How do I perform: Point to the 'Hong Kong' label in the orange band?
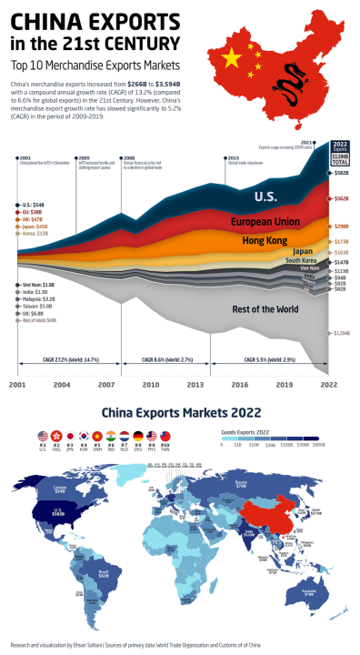265,241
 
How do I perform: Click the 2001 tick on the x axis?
17,385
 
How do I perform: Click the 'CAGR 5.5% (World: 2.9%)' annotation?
269,361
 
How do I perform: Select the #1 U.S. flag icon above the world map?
43,436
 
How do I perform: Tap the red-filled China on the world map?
270,511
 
